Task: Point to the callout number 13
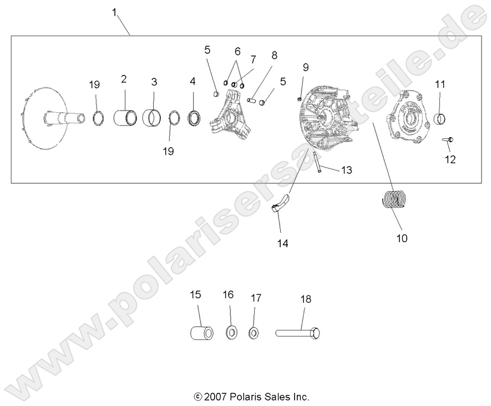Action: pyautogui.click(x=346, y=171)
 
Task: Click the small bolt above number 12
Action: pyautogui.click(x=448, y=139)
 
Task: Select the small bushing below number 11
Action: pyautogui.click(x=440, y=118)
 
